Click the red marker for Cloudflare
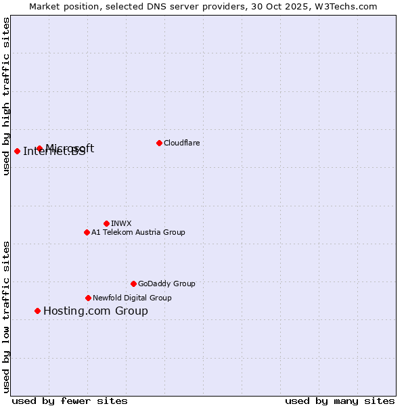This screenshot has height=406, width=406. pyautogui.click(x=159, y=143)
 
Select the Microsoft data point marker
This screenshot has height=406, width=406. pyautogui.click(x=39, y=148)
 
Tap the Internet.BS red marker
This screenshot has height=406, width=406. pyautogui.click(x=17, y=151)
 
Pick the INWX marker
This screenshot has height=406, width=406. pyautogui.click(x=106, y=223)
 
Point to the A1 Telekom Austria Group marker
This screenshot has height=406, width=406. pyautogui.click(x=87, y=232)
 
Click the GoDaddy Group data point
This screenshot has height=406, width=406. pyautogui.click(x=133, y=284)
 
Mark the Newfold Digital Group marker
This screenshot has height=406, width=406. pyautogui.click(x=88, y=298)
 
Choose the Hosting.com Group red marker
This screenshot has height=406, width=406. pyautogui.click(x=37, y=311)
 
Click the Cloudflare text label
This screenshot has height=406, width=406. pyautogui.click(x=181, y=143)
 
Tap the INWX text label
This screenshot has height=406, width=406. pyautogui.click(x=121, y=223)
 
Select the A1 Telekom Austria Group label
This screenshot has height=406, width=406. pyautogui.click(x=138, y=232)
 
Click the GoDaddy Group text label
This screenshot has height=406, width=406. pyautogui.click(x=166, y=284)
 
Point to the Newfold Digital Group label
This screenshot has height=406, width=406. pyautogui.click(x=132, y=298)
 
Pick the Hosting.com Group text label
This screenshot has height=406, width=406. pyautogui.click(x=95, y=311)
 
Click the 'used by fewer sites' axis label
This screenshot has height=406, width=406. pyautogui.click(x=70, y=401)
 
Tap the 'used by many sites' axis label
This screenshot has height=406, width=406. pyautogui.click(x=340, y=401)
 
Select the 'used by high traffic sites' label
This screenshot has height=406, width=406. pyautogui.click(x=7, y=96)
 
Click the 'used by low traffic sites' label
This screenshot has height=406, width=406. pyautogui.click(x=7, y=316)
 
